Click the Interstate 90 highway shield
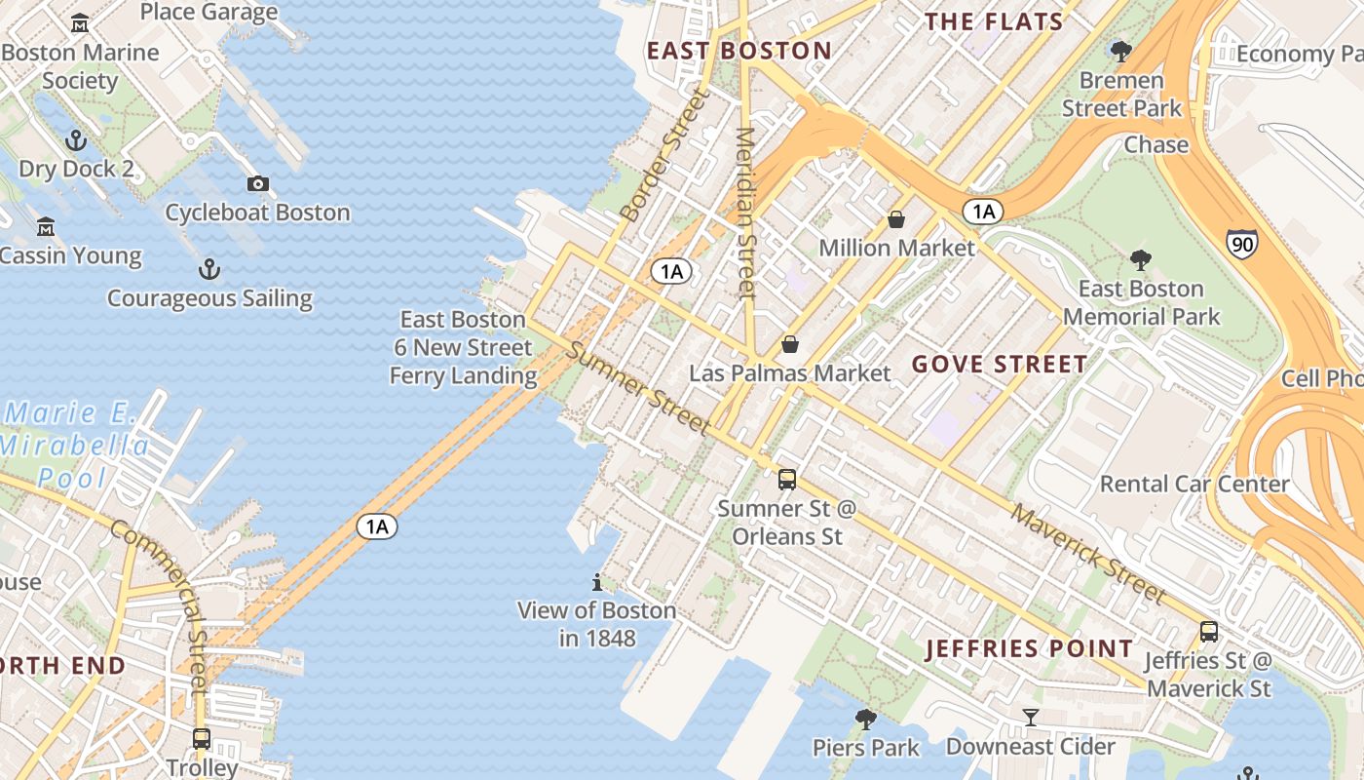click(1241, 243)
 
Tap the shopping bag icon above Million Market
click(895, 219)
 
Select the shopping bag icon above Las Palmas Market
click(790, 344)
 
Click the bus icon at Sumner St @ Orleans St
click(786, 479)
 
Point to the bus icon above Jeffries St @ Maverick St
click(1208, 631)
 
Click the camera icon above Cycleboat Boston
click(257, 183)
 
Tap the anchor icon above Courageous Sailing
click(208, 269)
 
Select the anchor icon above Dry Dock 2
click(76, 140)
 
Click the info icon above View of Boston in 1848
click(597, 582)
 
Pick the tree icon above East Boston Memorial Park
click(1141, 260)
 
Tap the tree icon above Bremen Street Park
click(1120, 51)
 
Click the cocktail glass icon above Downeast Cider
click(1030, 719)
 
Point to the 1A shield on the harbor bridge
click(377, 527)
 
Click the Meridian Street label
click(745, 213)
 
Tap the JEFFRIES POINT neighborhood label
click(1030, 648)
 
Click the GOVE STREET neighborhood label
click(1000, 365)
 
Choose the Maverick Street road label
click(1087, 553)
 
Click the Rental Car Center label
click(1193, 484)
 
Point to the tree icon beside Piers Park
click(865, 720)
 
